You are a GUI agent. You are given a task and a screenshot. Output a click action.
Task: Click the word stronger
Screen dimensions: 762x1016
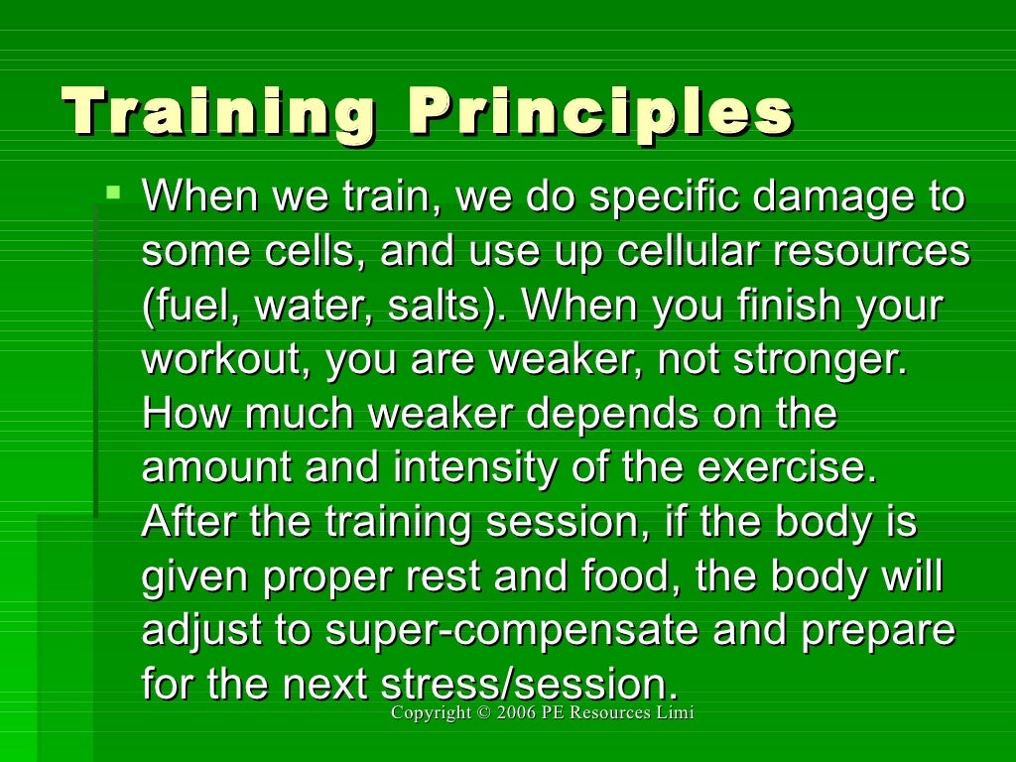(820, 359)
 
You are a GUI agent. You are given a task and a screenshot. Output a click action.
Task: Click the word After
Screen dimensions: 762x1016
(191, 521)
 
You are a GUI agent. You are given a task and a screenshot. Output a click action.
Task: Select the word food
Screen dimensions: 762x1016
(632, 575)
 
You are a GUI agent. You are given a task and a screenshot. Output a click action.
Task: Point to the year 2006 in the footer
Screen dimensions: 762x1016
(517, 713)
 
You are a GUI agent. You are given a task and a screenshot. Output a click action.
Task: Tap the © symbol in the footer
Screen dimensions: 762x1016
(482, 713)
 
